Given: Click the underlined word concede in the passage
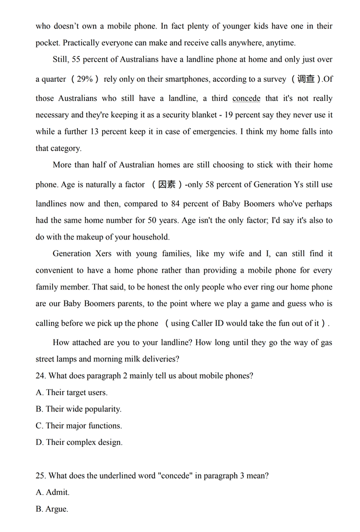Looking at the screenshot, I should tap(246, 99).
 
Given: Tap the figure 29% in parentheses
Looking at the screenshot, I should tap(85, 79).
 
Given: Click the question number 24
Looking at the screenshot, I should tap(41, 376).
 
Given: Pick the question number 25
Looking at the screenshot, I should tap(41, 476).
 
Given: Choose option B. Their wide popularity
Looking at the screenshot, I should tap(78, 409).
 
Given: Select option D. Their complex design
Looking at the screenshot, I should tap(79, 442).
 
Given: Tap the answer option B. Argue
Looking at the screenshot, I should tap(52, 509).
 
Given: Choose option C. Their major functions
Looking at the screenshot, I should tap(78, 426).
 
